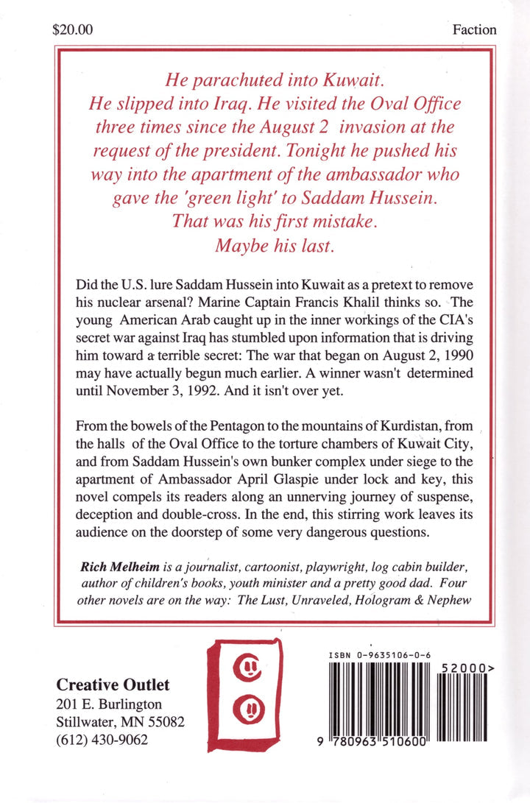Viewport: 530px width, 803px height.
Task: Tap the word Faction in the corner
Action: pos(474,30)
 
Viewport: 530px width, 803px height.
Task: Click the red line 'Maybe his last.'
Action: pos(275,246)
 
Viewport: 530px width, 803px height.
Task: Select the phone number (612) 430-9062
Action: pos(102,740)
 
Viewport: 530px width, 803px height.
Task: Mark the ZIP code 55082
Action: pos(164,722)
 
